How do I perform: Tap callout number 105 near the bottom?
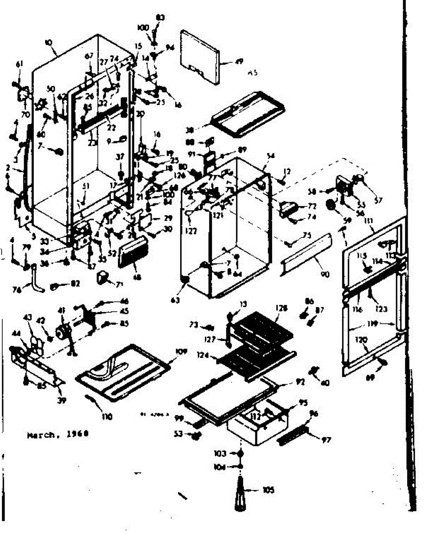coord(268,490)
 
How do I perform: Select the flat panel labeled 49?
coord(201,57)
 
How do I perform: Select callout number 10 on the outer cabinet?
coord(49,43)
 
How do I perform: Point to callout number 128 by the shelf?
coord(281,308)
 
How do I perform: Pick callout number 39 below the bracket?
coord(61,400)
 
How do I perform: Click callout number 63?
coord(175,300)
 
